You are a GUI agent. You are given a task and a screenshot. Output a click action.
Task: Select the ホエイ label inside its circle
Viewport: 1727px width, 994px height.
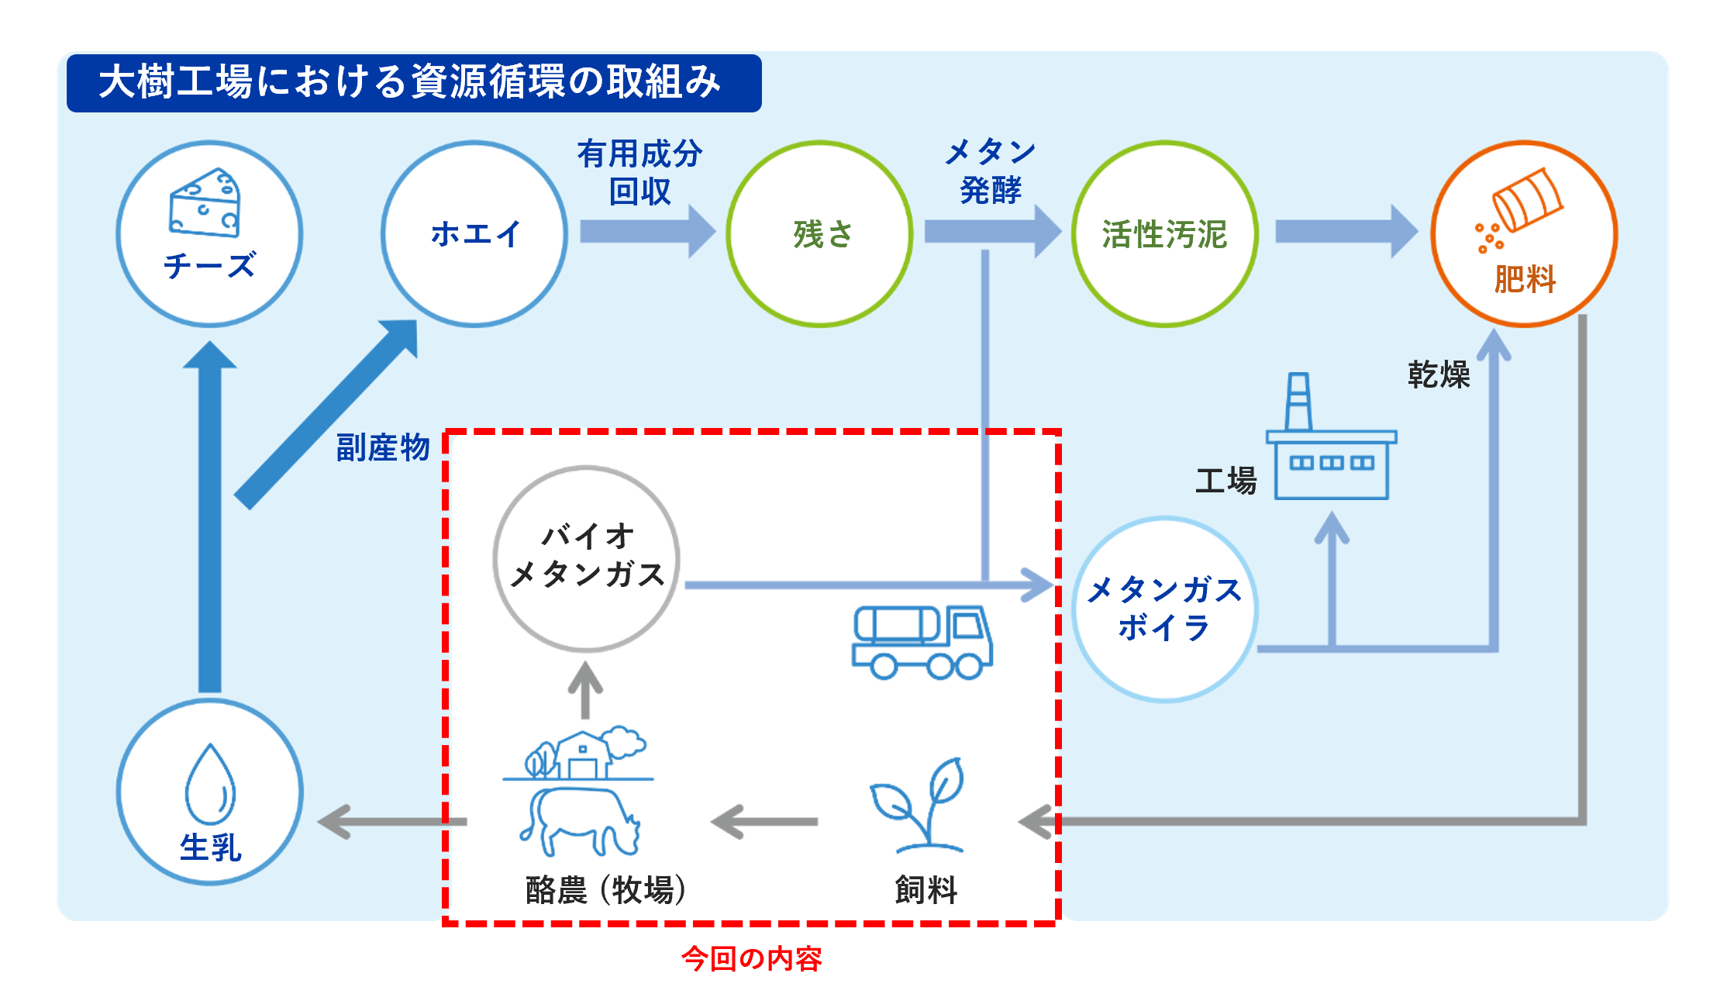tap(475, 233)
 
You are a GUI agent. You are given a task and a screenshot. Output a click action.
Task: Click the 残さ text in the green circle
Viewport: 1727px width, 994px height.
tap(822, 234)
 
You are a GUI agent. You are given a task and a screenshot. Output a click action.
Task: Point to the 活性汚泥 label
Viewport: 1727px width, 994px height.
tap(1164, 234)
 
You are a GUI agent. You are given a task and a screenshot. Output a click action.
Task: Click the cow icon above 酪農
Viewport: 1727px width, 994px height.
tap(579, 821)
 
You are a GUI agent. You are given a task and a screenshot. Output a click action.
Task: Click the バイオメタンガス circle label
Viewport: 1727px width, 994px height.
tap(587, 555)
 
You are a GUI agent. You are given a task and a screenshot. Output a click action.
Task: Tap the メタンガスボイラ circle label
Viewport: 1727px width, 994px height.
tap(1164, 609)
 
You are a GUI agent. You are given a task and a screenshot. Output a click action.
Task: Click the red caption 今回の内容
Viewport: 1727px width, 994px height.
tap(751, 959)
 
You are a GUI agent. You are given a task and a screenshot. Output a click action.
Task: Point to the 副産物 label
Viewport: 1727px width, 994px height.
tap(383, 447)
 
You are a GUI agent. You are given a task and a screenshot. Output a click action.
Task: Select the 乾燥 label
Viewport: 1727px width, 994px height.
tap(1439, 374)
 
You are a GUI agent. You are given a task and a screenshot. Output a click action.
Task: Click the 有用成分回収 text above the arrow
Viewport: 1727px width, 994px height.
tap(639, 172)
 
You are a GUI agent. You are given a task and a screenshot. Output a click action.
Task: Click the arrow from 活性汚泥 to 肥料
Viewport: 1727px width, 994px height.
tap(1345, 231)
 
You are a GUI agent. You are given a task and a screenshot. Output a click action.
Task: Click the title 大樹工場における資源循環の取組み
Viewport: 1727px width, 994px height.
tap(411, 82)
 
